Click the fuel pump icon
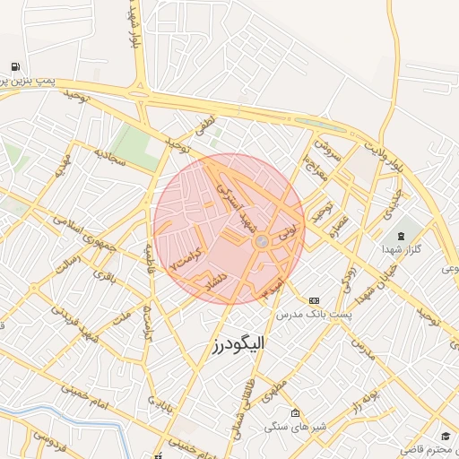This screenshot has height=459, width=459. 17,67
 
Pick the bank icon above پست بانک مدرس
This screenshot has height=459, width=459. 313,300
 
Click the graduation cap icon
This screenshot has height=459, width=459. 446,436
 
